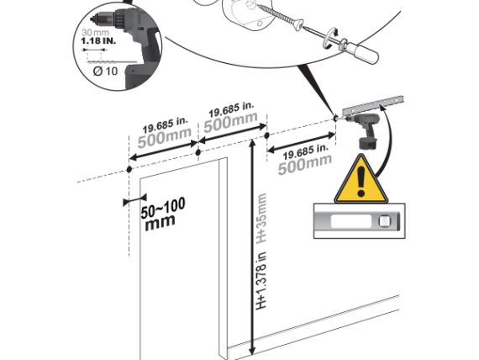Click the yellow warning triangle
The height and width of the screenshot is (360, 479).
(x=361, y=182)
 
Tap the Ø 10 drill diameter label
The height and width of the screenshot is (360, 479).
(x=105, y=71)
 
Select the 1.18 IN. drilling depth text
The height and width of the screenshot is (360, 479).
(x=98, y=40)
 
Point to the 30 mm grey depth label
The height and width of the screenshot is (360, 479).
(x=95, y=32)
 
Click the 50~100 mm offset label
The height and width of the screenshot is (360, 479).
(x=162, y=214)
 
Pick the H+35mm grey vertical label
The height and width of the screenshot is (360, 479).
(x=262, y=218)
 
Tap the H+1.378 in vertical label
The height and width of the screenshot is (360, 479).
(x=261, y=280)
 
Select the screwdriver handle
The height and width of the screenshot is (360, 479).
(x=362, y=52)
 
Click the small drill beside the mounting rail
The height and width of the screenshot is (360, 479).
(x=364, y=130)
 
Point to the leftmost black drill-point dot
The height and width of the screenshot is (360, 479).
(x=129, y=169)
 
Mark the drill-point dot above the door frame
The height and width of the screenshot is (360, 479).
(x=198, y=152)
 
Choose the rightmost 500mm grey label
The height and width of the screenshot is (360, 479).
(x=304, y=165)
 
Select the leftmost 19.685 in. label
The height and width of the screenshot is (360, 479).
(x=166, y=124)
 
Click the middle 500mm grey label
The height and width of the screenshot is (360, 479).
(x=230, y=122)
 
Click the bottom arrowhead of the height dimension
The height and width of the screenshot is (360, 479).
(x=252, y=350)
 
